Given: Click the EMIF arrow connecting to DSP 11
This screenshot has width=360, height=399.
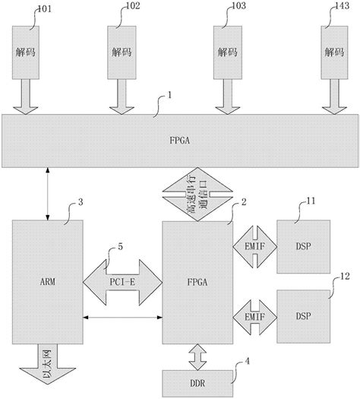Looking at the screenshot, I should point(254,247).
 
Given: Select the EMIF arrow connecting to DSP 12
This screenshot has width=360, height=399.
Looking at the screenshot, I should point(254,313).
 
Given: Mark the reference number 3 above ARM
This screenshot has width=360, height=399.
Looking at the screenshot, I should point(80,203).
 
